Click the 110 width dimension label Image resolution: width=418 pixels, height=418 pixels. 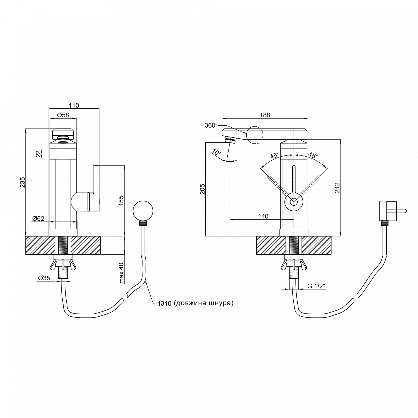[74, 105]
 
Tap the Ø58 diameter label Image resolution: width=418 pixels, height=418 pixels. [63, 115]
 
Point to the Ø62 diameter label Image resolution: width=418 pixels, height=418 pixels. [38, 218]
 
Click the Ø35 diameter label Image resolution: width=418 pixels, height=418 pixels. [44, 278]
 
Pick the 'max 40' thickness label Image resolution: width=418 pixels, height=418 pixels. [121, 273]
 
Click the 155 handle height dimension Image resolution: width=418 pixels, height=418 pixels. [121, 201]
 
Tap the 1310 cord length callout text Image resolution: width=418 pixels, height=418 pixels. [195, 303]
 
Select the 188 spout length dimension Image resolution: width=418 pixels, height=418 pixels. [265, 115]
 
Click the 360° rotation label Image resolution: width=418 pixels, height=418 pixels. [211, 125]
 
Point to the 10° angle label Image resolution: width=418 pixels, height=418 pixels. [217, 153]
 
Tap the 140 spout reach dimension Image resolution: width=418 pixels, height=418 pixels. [263, 216]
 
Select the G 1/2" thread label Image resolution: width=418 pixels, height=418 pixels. [316, 286]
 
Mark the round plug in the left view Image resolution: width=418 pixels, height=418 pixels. [143, 211]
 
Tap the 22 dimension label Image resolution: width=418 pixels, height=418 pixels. [38, 154]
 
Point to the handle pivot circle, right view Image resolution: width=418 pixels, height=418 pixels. [294, 201]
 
